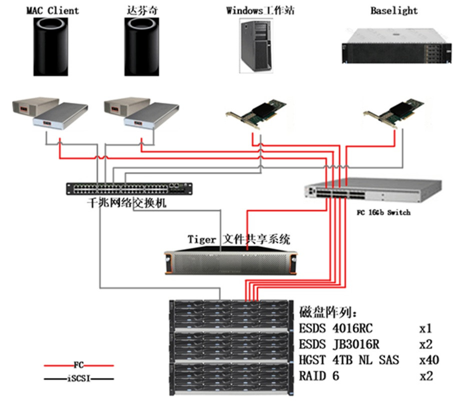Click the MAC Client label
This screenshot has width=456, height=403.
[x=53, y=11]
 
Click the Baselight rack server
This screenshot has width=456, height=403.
[x=393, y=46]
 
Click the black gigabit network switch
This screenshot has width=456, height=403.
[x=129, y=188]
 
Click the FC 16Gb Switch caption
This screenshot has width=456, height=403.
[x=383, y=212]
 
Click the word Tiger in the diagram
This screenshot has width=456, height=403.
[x=202, y=239]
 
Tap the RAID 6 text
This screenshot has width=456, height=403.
[x=319, y=375]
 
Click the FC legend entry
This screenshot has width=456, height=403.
[x=78, y=365]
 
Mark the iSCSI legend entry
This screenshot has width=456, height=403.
[x=78, y=379]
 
